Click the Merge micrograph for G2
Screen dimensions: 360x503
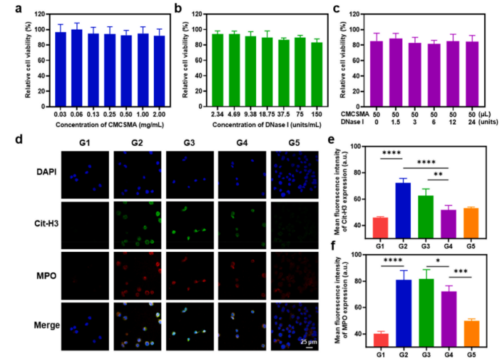pos(134,327)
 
